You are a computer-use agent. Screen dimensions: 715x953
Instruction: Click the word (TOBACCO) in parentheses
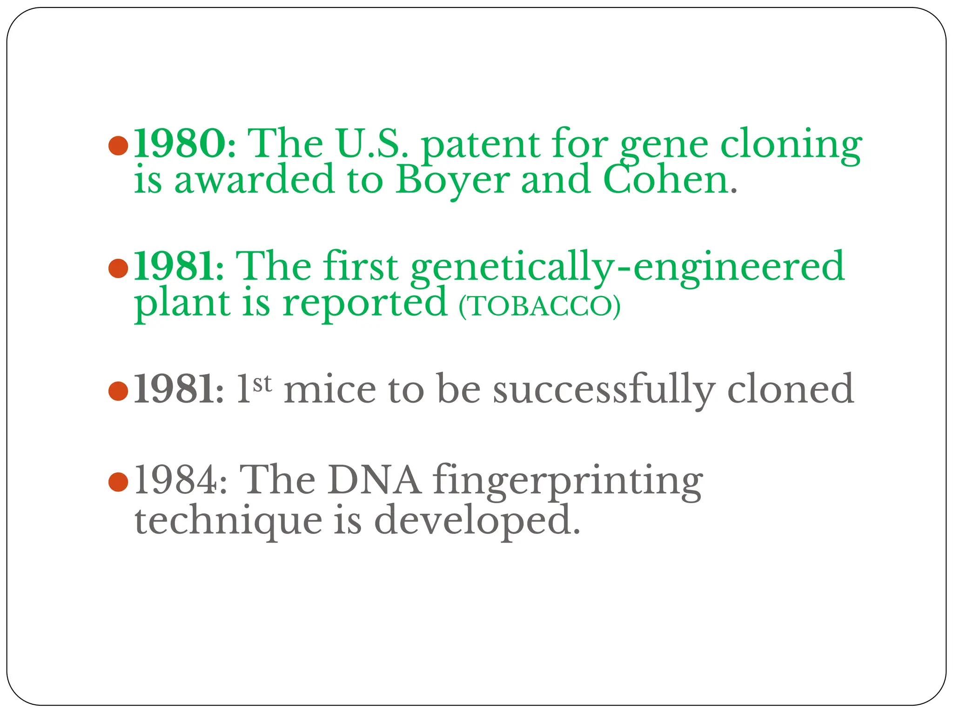coord(539,306)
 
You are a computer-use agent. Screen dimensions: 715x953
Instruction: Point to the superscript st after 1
coord(262,384)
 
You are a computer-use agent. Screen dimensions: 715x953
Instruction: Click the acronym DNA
coord(374,480)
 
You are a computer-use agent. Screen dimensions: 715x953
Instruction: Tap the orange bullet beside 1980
coord(118,146)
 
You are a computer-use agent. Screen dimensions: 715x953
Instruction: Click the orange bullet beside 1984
coord(118,482)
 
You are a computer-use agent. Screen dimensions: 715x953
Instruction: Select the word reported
coord(365,304)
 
